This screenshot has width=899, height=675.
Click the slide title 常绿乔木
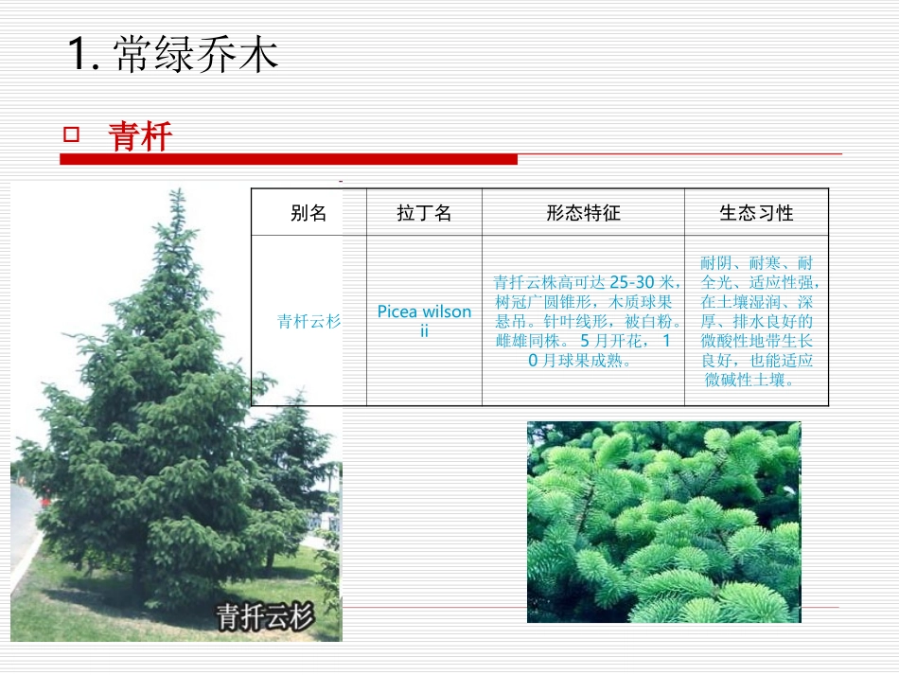click(x=196, y=55)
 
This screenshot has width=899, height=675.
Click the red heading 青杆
click(x=140, y=137)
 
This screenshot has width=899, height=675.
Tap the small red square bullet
click(x=70, y=134)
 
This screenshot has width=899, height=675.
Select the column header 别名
click(x=308, y=213)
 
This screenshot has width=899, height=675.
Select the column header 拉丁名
click(x=424, y=213)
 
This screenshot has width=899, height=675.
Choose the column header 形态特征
click(x=583, y=213)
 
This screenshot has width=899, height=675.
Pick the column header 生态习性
click(x=756, y=213)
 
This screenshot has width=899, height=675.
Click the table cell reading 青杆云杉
click(x=308, y=321)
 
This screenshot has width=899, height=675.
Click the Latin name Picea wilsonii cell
click(x=424, y=321)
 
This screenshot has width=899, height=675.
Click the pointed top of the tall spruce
click(x=176, y=193)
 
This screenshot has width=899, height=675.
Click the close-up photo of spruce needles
click(x=663, y=522)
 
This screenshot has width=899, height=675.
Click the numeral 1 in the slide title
click(x=79, y=55)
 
